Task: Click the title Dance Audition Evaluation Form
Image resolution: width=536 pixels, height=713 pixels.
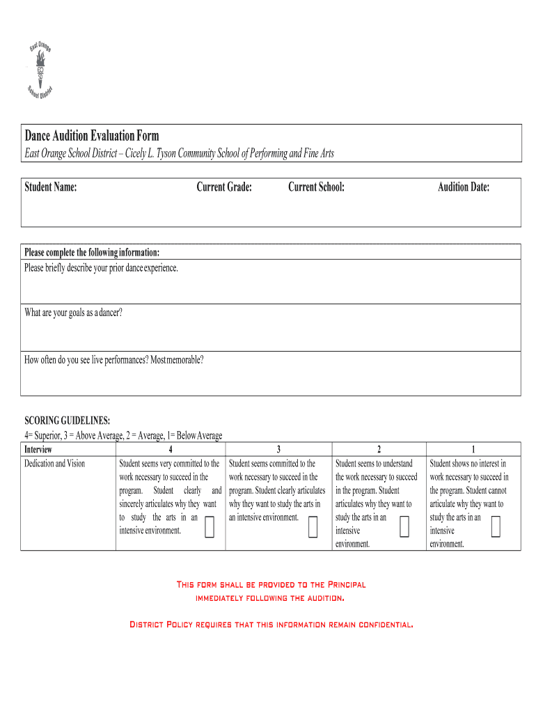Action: [92, 135]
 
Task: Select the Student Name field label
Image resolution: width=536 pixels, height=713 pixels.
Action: [51, 187]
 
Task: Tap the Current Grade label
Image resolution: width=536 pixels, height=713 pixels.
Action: [223, 187]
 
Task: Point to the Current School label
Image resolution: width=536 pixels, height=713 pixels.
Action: [316, 187]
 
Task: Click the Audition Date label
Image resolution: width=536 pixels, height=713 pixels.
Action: [463, 187]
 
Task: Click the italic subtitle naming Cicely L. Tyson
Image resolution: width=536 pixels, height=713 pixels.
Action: [179, 153]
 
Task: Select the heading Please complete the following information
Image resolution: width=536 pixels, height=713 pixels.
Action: [92, 252]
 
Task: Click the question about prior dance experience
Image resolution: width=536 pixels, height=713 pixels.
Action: [102, 267]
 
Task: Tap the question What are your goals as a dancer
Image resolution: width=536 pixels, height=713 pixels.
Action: [73, 313]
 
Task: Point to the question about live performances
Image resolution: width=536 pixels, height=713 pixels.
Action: [114, 360]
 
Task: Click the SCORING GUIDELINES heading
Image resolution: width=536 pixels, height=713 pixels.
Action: [67, 421]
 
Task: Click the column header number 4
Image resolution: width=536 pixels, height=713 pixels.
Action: [171, 450]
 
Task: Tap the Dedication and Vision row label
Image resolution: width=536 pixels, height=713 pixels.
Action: [55, 463]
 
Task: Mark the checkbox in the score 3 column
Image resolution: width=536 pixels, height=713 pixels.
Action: [313, 528]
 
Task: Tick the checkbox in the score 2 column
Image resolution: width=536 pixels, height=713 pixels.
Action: [404, 528]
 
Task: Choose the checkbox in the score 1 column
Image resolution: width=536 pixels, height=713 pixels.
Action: [496, 527]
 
